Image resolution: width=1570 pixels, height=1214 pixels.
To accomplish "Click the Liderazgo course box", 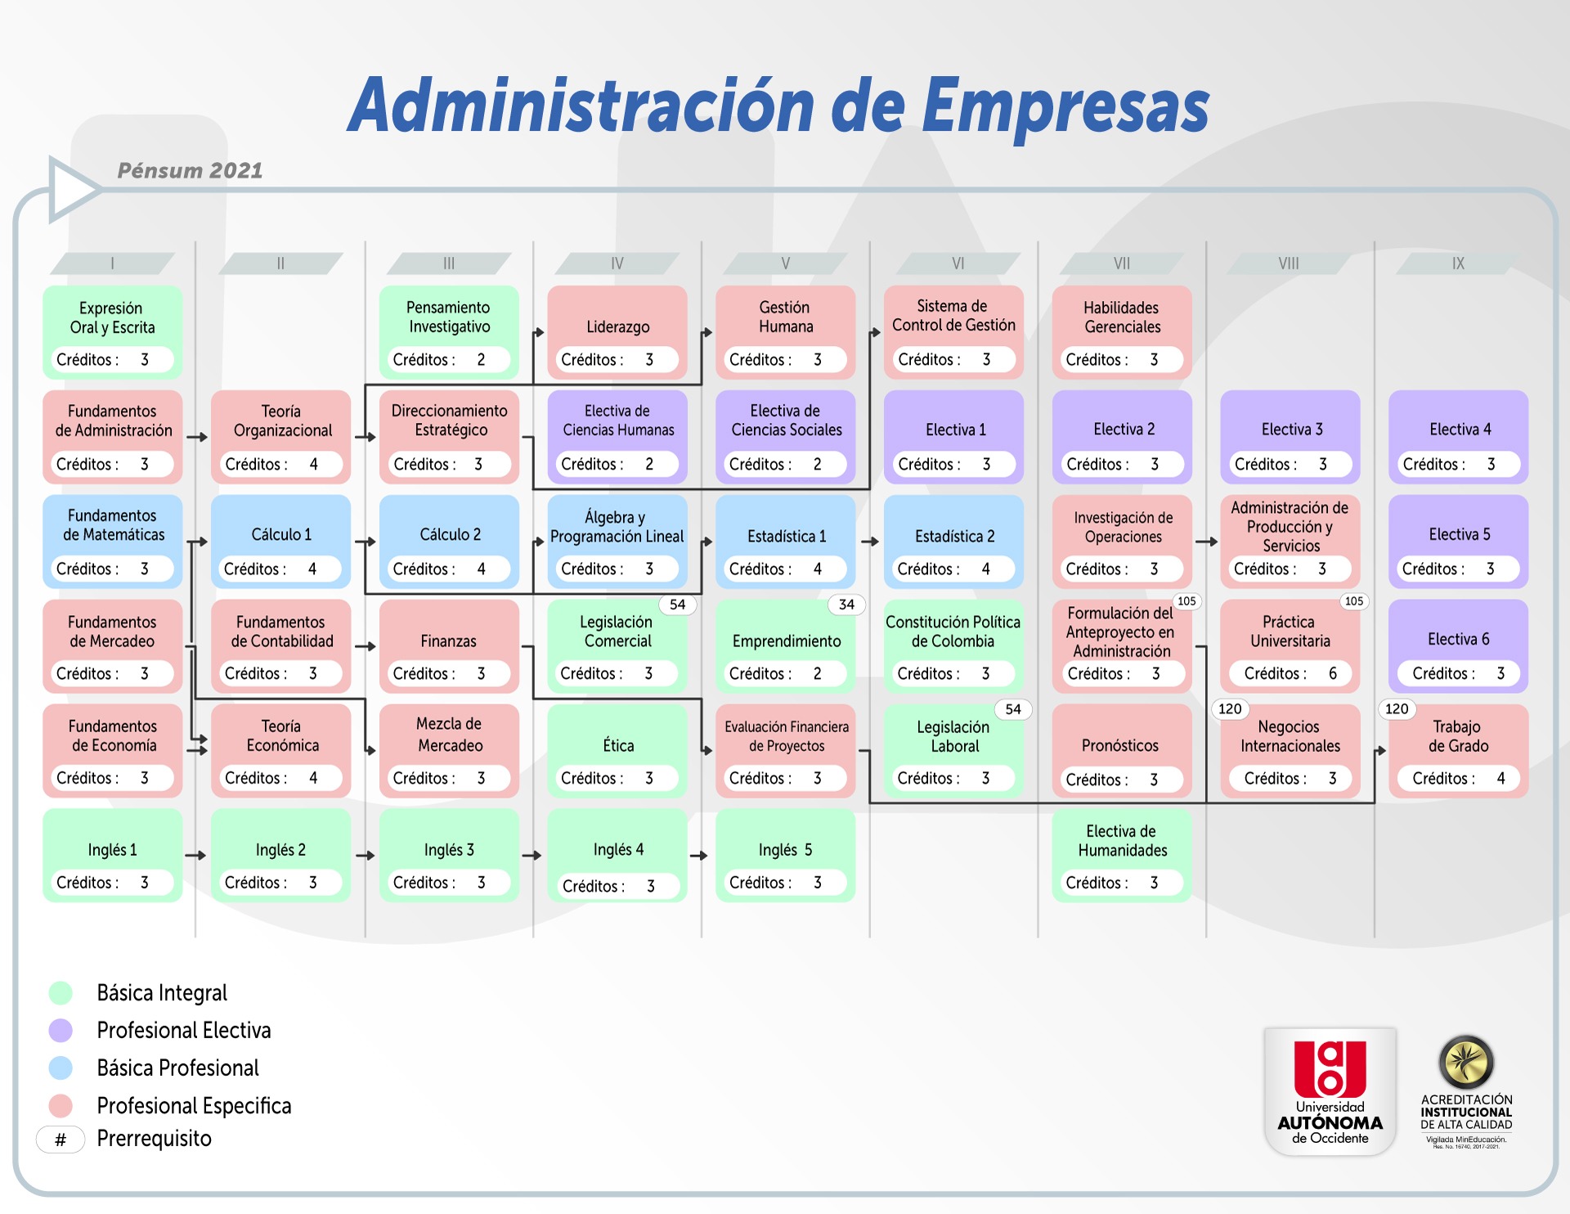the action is click(x=617, y=332).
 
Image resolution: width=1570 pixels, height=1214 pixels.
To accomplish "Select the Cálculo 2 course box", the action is click(x=449, y=542).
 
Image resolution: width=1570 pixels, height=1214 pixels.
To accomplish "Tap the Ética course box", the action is click(x=617, y=751).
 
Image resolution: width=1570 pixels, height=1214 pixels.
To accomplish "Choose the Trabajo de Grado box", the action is click(x=1458, y=751).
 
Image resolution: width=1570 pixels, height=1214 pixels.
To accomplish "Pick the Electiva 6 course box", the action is click(x=1458, y=646).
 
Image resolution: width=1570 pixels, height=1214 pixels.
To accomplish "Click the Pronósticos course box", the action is click(x=1122, y=751).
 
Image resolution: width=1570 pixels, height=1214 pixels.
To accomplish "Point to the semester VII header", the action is click(x=1122, y=263).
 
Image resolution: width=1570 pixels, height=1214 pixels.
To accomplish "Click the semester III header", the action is click(x=449, y=263).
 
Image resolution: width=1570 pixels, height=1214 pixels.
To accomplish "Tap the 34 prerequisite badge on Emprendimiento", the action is click(x=846, y=605).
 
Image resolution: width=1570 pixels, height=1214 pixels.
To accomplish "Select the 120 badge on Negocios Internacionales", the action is click(x=1230, y=708).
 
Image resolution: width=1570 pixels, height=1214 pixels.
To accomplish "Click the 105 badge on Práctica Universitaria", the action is click(x=1354, y=601).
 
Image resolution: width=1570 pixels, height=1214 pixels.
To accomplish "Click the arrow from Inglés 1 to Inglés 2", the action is click(x=196, y=856).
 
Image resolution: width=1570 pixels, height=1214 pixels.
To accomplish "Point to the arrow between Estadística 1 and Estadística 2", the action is click(x=870, y=542).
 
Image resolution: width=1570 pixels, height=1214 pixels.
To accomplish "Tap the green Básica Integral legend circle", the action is click(x=61, y=993).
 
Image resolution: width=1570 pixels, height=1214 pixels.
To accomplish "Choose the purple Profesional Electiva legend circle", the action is click(x=61, y=1031).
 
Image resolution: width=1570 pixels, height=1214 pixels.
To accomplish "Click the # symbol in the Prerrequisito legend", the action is click(x=61, y=1140).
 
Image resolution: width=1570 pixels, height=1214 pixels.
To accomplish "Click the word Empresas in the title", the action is click(x=1065, y=107).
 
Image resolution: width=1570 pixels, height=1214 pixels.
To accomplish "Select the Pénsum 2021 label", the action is click(x=190, y=170).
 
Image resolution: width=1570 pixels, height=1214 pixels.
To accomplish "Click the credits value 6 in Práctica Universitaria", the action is click(x=1333, y=673).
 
